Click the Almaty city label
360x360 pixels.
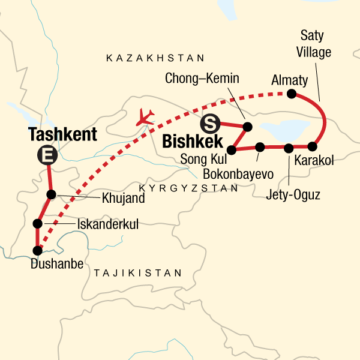pyautogui.click(x=289, y=79)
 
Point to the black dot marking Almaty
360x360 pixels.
pyautogui.click(x=291, y=93)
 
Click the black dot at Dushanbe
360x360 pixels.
pyautogui.click(x=37, y=250)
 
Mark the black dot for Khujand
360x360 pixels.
pyautogui.click(x=51, y=194)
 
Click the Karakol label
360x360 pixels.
pyautogui.click(x=314, y=160)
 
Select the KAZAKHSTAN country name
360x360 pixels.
pyautogui.click(x=155, y=58)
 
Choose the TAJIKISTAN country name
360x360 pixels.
pyautogui.click(x=137, y=272)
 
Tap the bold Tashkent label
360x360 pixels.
pyautogui.click(x=62, y=134)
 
